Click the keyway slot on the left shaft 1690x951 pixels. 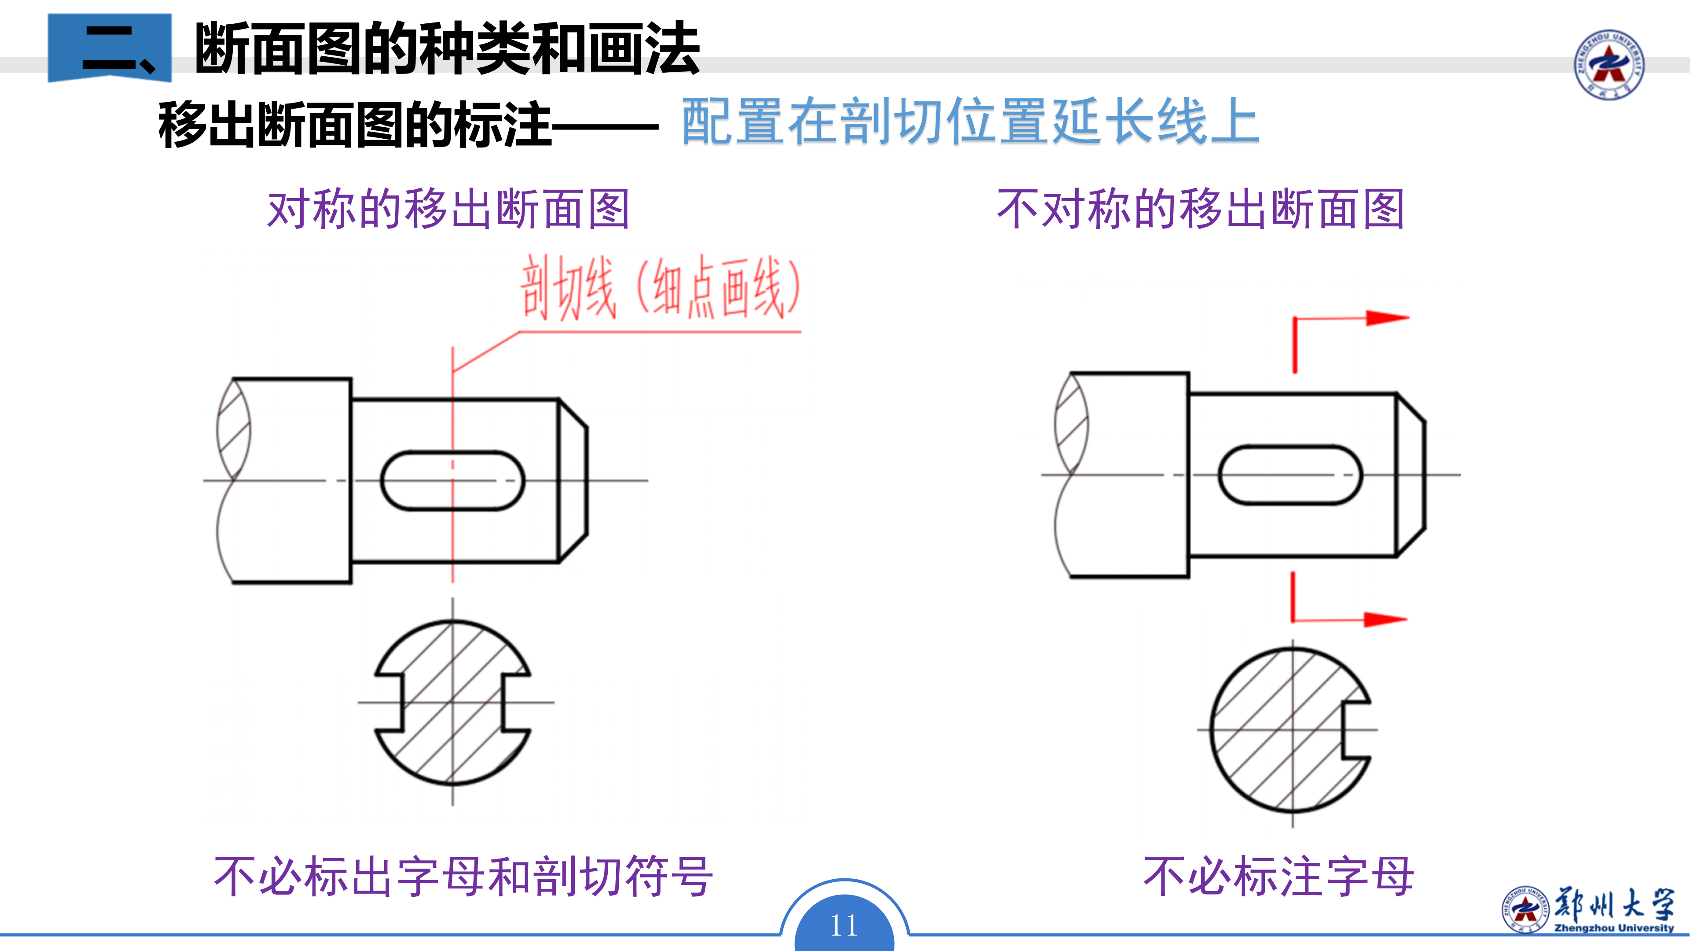(x=453, y=480)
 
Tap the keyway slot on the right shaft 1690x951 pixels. (x=1290, y=475)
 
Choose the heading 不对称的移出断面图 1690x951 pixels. (x=1201, y=210)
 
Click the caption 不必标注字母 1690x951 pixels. (x=1278, y=876)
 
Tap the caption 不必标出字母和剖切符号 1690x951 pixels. (x=463, y=876)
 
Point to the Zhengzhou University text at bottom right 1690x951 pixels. (x=1614, y=927)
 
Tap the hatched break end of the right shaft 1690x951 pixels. (x=1071, y=423)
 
